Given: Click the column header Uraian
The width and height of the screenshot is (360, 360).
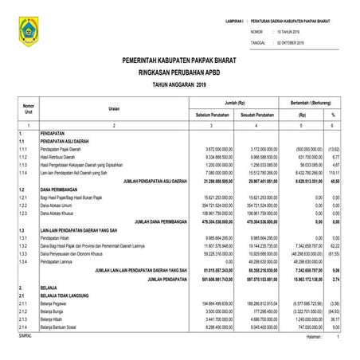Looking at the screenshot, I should click(115, 109).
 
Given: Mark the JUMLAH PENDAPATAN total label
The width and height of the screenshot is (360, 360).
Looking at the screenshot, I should click(156, 280).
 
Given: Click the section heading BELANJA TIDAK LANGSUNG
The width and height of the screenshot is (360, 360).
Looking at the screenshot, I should click(72, 295).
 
